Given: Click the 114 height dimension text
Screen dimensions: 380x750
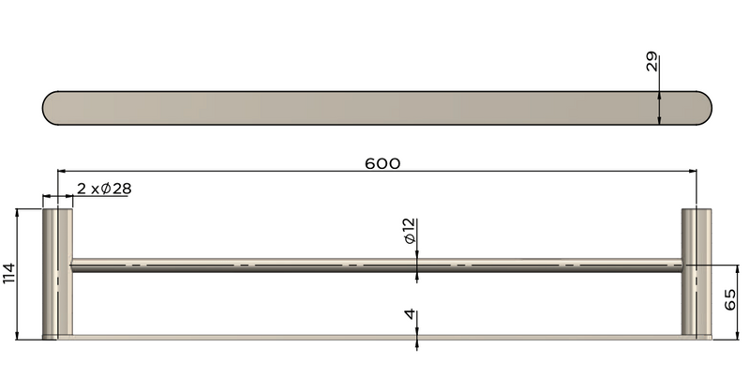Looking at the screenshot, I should [x=8, y=273].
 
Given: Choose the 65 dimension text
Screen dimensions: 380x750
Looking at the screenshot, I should [x=731, y=299].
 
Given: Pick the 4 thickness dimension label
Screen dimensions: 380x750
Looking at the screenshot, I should [x=410, y=314].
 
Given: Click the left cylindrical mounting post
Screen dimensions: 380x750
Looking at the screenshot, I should [x=58, y=272].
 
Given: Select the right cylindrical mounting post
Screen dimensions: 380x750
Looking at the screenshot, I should [x=696, y=272].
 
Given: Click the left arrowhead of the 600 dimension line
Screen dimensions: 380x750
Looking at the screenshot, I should [x=62, y=172].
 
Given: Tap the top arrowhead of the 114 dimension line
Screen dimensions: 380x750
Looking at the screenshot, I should [x=19, y=214].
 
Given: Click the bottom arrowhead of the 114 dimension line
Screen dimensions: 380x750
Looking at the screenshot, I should [x=19, y=335].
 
